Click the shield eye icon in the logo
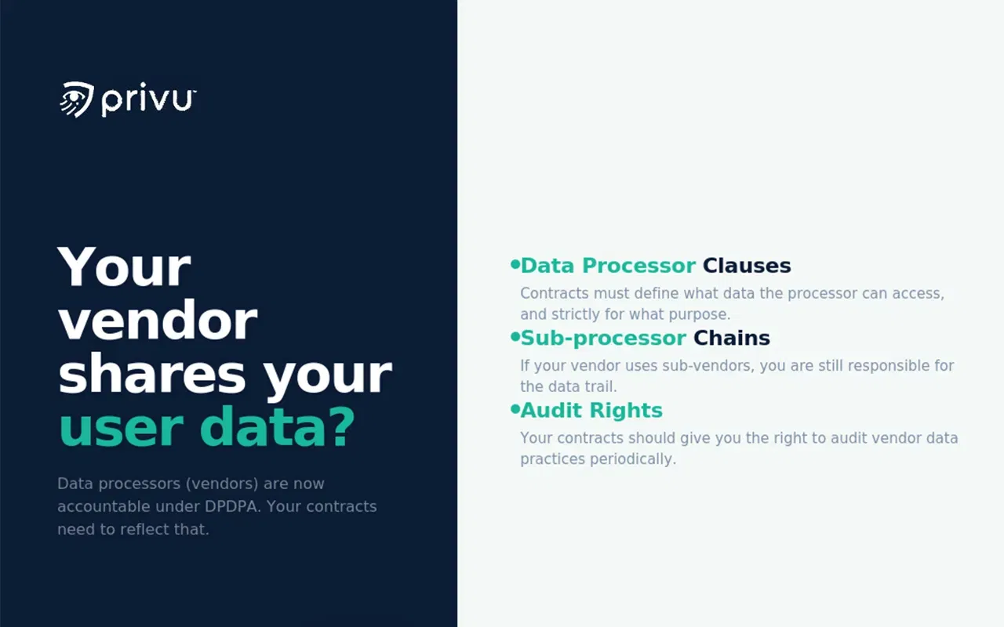(77, 100)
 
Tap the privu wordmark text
(148, 101)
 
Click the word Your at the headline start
(124, 267)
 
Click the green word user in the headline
(122, 428)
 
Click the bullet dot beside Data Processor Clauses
(515, 265)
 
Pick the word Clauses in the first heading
(747, 266)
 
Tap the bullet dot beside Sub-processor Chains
(515, 337)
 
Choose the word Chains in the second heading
(732, 338)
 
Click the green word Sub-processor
(603, 338)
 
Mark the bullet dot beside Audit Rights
(515, 409)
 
